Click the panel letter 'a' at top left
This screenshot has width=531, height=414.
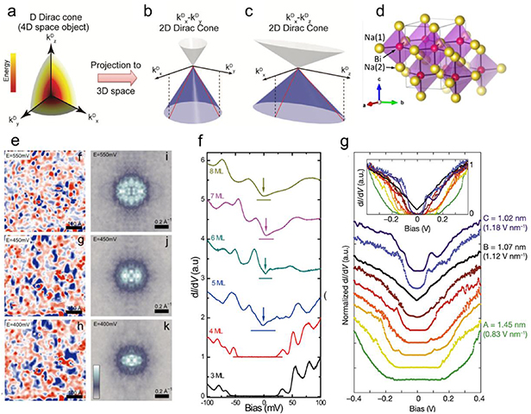7,9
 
